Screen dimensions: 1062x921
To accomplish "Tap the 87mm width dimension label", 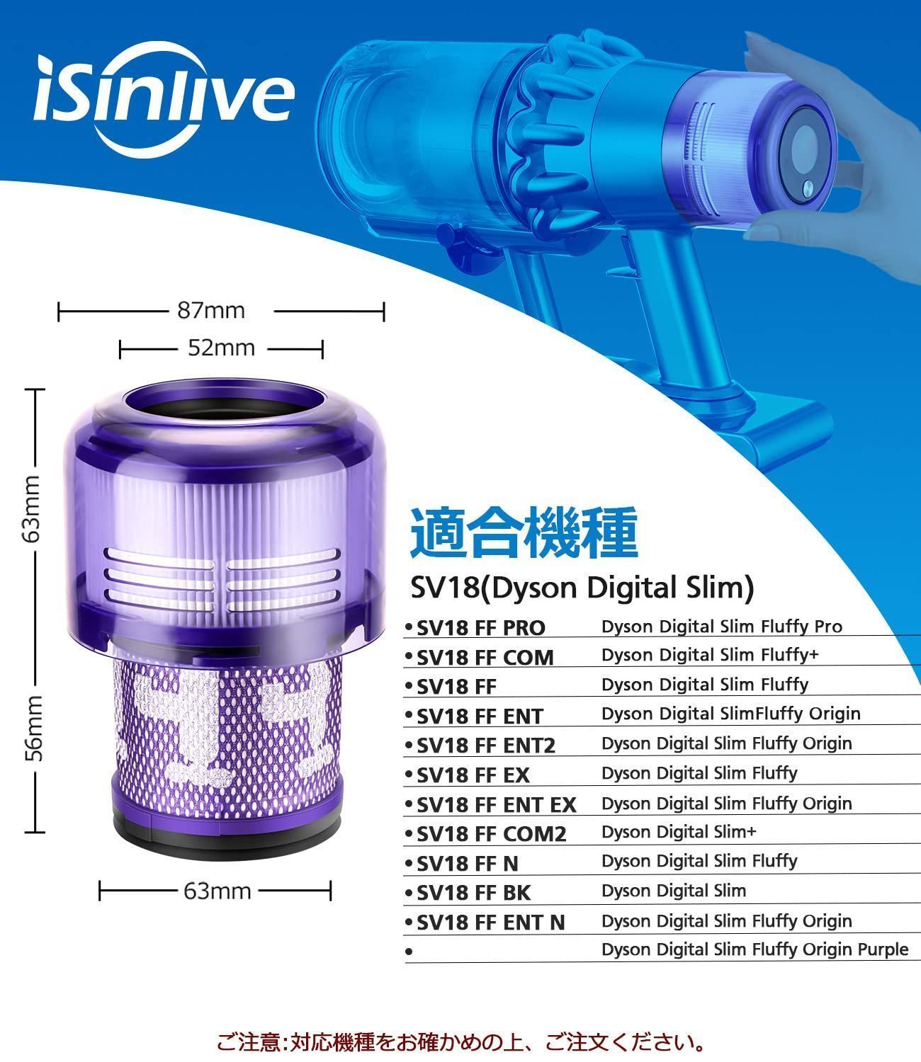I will point(211,311).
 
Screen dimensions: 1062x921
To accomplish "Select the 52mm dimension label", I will point(221,348).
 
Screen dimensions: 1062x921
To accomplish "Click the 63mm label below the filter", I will point(217,891).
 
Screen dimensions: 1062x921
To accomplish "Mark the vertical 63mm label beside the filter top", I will point(32,508).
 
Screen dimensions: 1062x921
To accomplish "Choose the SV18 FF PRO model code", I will point(481,628).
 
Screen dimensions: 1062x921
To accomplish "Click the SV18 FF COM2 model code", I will point(492,834).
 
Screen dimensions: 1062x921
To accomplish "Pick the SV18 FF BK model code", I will point(473,893).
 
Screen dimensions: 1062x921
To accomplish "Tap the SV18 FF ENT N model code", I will point(491,923).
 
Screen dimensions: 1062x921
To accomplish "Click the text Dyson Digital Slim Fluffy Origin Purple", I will point(755,949).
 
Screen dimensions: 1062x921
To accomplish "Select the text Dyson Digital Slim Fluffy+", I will point(710,655).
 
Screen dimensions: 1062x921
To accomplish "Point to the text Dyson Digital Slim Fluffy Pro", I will point(722,627).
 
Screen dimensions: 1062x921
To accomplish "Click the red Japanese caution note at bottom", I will point(460,1043).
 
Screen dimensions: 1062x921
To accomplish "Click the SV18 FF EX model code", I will point(473,775).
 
